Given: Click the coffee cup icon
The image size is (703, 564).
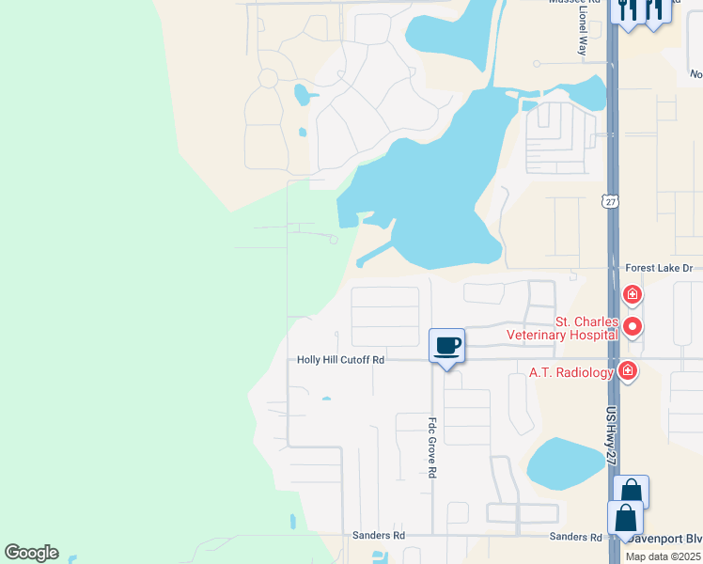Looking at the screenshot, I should (446, 346).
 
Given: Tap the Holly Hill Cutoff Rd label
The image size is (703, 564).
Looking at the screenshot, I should (340, 359).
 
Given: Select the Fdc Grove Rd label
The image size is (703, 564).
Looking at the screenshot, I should (433, 448).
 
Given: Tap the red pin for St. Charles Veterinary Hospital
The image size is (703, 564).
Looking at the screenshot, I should (633, 326).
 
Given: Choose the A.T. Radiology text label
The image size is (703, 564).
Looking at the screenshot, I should (570, 372).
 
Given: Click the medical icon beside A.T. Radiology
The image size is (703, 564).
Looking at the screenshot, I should (627, 372).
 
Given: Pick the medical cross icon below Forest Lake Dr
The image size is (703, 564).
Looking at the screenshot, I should (633, 295).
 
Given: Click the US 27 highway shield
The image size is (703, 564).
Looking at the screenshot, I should (611, 201).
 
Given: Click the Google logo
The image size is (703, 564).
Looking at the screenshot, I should (31, 553).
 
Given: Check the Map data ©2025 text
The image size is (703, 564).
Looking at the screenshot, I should (664, 556).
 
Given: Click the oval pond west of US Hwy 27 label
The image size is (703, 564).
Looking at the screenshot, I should (565, 463).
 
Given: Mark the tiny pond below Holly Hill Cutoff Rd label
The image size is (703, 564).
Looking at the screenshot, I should (326, 399).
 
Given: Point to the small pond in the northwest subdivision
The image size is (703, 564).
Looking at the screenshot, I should (301, 94).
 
